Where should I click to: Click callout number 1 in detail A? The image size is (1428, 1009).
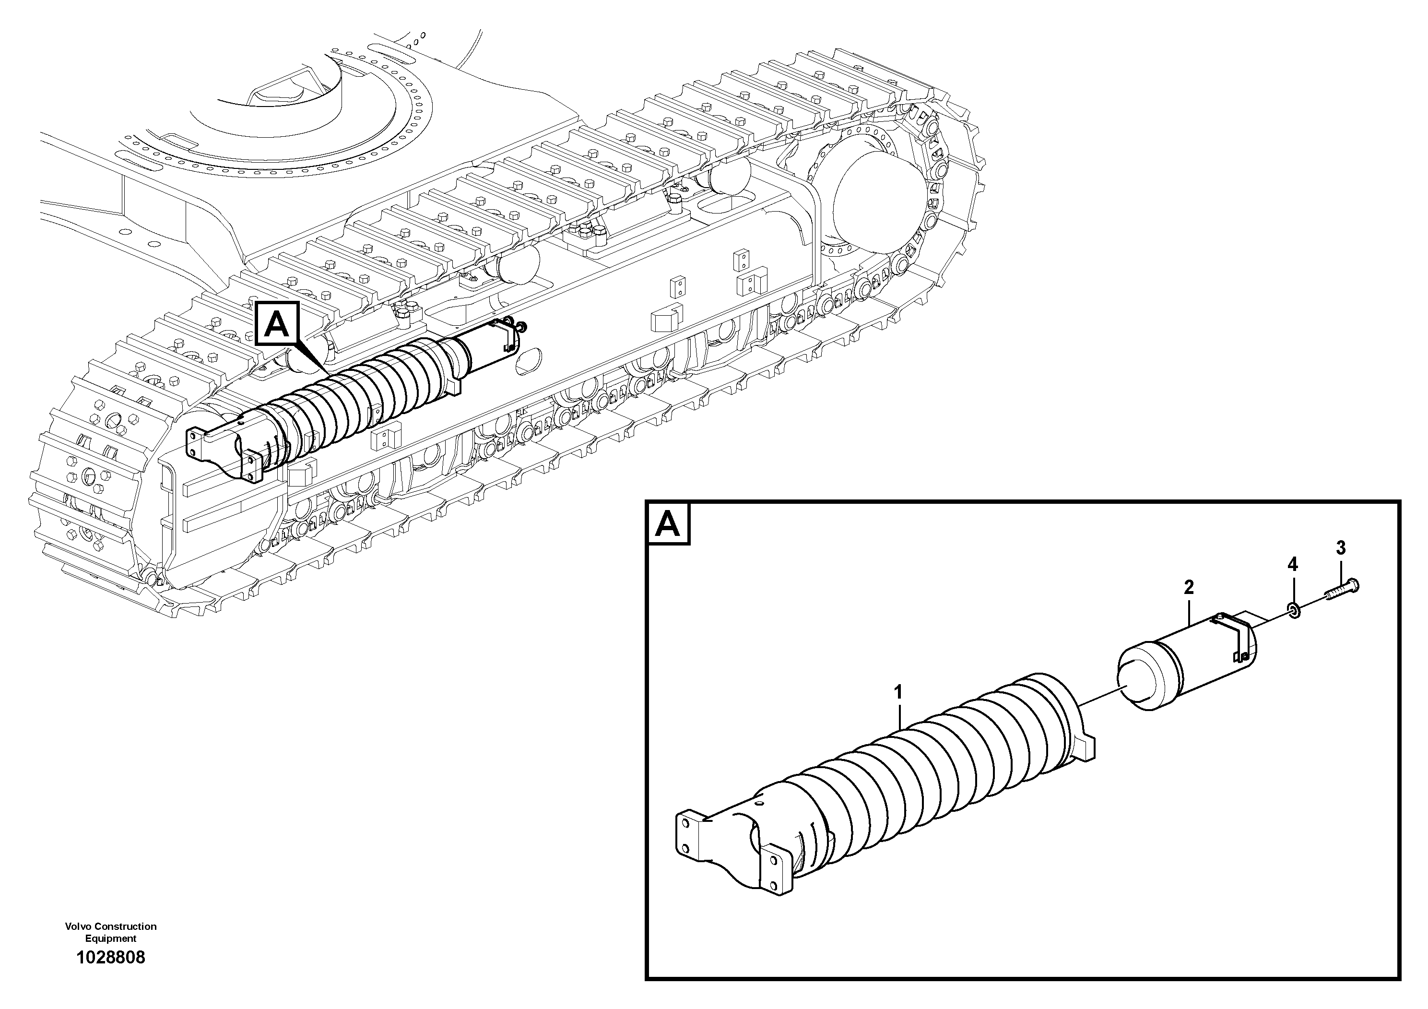[897, 692]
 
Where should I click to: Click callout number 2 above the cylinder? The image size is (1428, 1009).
[1189, 587]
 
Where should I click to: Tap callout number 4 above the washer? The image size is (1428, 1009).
[1292, 565]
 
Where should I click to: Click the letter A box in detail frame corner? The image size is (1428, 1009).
[669, 524]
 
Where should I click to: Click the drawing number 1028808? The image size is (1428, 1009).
[111, 957]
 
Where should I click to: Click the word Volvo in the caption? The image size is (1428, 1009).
[77, 926]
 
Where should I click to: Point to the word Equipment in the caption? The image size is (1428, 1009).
[111, 938]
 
